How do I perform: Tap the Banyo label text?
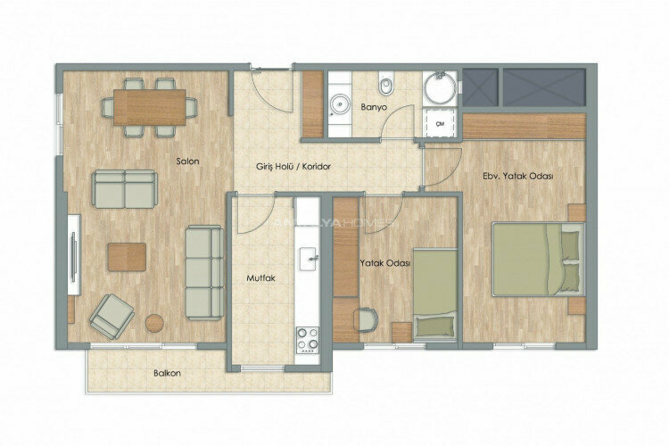tap(374, 107)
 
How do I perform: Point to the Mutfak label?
tap(260, 278)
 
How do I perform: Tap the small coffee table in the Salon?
tap(127, 256)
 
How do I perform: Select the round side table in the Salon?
tap(157, 323)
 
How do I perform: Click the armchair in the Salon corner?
tap(111, 315)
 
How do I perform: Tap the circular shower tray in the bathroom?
tap(439, 88)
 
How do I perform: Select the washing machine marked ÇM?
tap(439, 125)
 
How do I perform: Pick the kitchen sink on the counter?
tap(309, 260)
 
